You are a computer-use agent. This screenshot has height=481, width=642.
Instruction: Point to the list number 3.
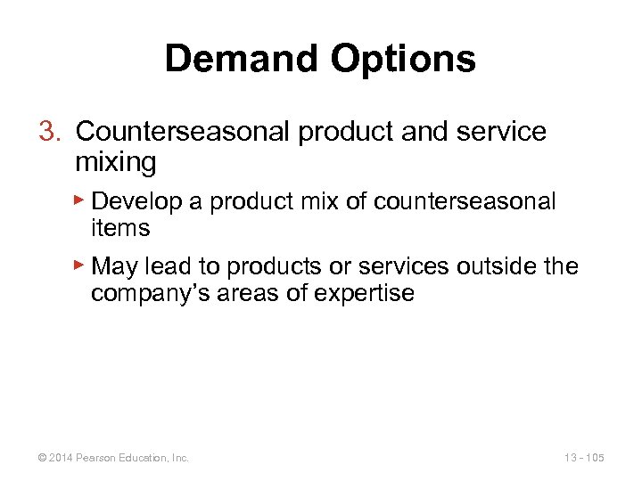48,132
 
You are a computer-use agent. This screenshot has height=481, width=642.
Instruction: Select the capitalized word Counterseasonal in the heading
184,132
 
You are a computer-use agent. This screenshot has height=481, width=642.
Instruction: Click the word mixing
116,162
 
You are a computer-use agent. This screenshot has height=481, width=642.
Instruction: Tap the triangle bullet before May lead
80,265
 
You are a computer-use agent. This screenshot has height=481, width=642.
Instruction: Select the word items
120,229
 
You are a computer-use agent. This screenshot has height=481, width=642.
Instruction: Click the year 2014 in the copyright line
61,458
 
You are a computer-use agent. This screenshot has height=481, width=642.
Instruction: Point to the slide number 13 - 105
584,458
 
